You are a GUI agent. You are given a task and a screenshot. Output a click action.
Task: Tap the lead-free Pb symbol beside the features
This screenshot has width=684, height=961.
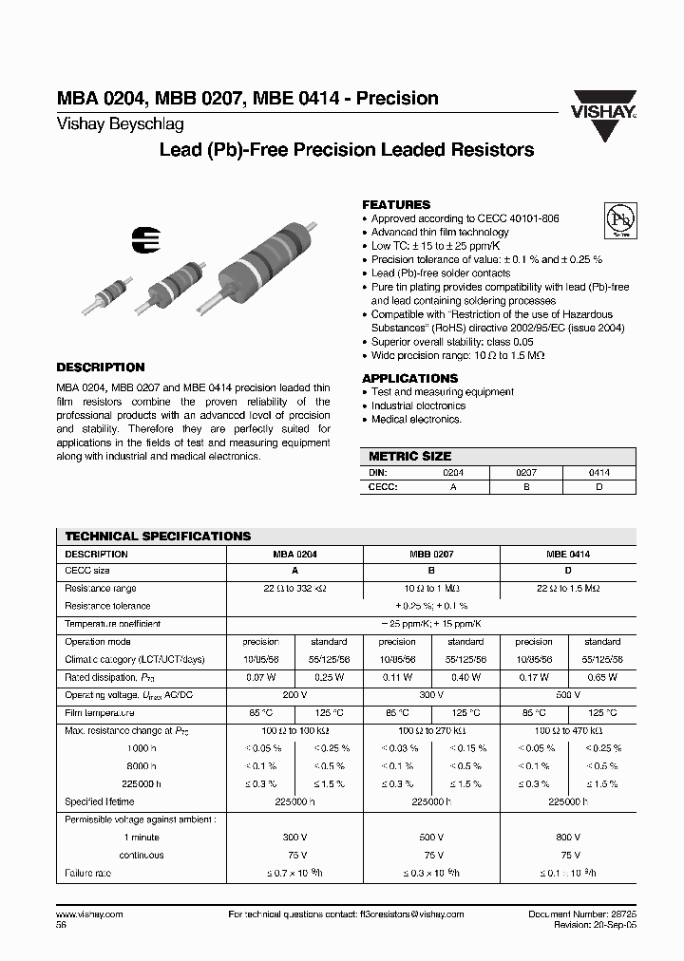(619, 220)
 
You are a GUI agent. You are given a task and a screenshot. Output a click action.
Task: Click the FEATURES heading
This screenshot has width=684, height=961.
(396, 204)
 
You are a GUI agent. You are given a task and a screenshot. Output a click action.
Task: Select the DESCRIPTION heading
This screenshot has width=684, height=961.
(101, 367)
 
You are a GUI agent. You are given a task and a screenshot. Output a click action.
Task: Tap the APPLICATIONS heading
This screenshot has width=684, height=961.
(408, 377)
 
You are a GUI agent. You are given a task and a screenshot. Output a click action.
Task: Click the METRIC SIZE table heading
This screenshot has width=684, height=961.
(409, 456)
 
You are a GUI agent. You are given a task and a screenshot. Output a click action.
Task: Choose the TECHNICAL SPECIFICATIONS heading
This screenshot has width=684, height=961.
(158, 537)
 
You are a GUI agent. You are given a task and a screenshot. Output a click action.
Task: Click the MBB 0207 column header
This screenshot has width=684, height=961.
(431, 554)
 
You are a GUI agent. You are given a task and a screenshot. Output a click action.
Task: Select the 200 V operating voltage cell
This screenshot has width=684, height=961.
(294, 694)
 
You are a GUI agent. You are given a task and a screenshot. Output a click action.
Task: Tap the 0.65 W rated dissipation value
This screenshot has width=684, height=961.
(602, 677)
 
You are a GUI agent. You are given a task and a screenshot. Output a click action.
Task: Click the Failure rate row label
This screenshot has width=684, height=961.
(88, 873)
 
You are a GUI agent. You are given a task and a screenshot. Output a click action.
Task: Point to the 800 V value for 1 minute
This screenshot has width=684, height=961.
(568, 838)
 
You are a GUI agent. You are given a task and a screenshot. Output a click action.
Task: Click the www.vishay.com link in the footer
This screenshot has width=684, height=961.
(90, 914)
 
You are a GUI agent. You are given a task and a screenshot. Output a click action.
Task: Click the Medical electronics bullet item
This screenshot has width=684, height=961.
(416, 419)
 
